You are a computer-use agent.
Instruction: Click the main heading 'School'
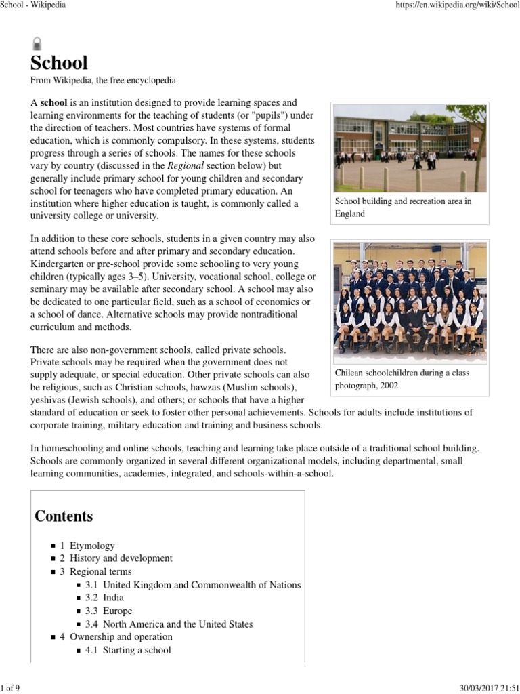pos(60,63)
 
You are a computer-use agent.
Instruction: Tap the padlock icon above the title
pos(37,44)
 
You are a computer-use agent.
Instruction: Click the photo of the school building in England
pos(410,148)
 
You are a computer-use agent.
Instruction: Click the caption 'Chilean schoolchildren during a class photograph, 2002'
pos(402,379)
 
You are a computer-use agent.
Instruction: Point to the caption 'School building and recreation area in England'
pos(404,207)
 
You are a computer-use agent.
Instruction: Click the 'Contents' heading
pos(64,516)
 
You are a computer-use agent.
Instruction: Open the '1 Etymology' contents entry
pos(87,546)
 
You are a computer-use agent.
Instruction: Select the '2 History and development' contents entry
pos(116,558)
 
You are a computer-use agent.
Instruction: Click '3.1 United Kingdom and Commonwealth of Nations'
pos(193,585)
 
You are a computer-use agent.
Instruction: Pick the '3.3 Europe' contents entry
pos(109,611)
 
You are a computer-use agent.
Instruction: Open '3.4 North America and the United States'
pos(169,624)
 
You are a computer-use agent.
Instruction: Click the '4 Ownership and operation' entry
pos(116,637)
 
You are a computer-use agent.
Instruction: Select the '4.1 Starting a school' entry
pos(128,651)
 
